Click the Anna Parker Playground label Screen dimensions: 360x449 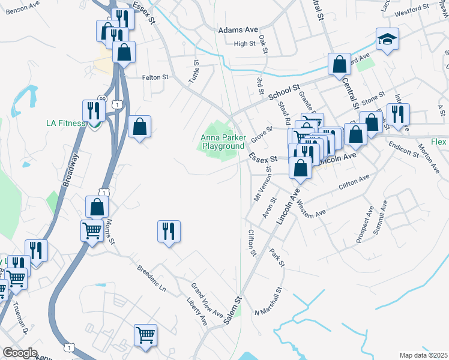[223, 142]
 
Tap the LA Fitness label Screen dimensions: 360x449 [66, 124]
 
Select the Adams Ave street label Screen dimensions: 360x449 [238, 29]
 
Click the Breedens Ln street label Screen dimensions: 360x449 [151, 277]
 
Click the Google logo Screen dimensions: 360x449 [21, 353]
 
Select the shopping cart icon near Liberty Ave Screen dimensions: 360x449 [145, 335]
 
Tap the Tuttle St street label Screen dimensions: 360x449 [194, 73]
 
